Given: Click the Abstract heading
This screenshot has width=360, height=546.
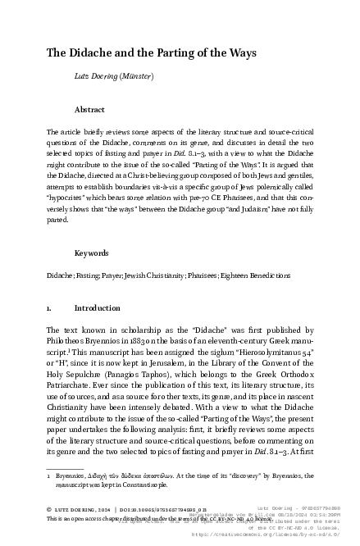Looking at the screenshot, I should pyautogui.click(x=89, y=109).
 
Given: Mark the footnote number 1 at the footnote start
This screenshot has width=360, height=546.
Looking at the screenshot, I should pyautogui.click(x=49, y=475).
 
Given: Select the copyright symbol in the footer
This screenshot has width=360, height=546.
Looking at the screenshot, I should pyautogui.click(x=50, y=509).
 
